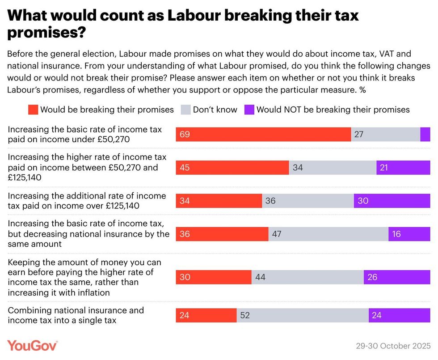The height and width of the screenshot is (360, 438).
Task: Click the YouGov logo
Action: click(32, 345)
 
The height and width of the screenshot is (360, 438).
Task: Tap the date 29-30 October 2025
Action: click(393, 346)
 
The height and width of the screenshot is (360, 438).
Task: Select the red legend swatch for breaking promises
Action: click(34, 110)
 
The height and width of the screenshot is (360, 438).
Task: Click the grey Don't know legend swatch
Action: click(186, 110)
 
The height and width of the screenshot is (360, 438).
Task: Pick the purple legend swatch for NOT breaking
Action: click(249, 110)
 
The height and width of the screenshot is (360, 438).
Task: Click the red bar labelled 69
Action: click(263, 134)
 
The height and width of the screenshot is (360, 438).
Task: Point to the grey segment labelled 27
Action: click(386, 134)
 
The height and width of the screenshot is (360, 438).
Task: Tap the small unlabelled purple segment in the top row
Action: click(425, 134)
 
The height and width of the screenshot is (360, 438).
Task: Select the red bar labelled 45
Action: click(232, 168)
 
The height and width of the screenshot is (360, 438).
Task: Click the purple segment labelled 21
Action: click(403, 168)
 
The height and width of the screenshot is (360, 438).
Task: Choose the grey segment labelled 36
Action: click(308, 201)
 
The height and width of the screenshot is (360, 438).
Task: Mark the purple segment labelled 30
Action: click(392, 201)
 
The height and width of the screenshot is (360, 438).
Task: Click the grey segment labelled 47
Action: click(328, 234)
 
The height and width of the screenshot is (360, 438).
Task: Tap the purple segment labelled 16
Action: click(409, 234)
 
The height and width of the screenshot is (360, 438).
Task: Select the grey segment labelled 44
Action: click(307, 277)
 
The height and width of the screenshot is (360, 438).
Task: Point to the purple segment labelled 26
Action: click(397, 277)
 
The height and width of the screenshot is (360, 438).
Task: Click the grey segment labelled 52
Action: click(303, 315)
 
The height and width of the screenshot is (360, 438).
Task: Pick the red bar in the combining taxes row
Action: click(206, 315)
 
